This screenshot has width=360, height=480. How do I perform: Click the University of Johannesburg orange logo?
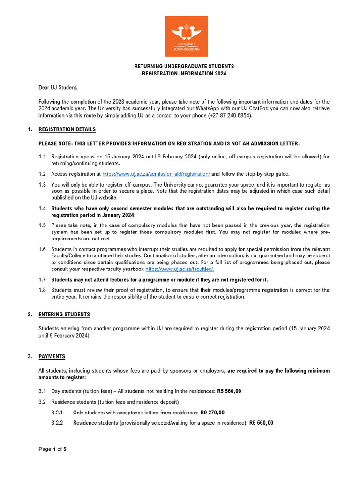pyautogui.click(x=186, y=37)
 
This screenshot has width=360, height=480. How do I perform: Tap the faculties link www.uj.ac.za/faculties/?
pyautogui.click(x=180, y=270)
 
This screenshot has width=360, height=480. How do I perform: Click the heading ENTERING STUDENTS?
pyautogui.click(x=64, y=315)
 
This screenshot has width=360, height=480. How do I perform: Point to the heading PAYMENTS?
pyautogui.click(x=52, y=357)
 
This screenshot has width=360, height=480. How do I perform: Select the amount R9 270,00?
pyautogui.click(x=212, y=412)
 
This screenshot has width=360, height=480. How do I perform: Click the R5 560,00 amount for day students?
pyautogui.click(x=229, y=391)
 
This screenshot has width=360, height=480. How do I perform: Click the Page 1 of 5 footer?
pyautogui.click(x=52, y=450)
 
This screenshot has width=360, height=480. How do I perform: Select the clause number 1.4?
pyautogui.click(x=42, y=208)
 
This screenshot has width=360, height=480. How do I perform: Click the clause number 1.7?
pyautogui.click(x=42, y=280)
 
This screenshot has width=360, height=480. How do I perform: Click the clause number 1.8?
pyautogui.click(x=42, y=290)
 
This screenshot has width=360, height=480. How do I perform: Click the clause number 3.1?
pyautogui.click(x=42, y=391)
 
